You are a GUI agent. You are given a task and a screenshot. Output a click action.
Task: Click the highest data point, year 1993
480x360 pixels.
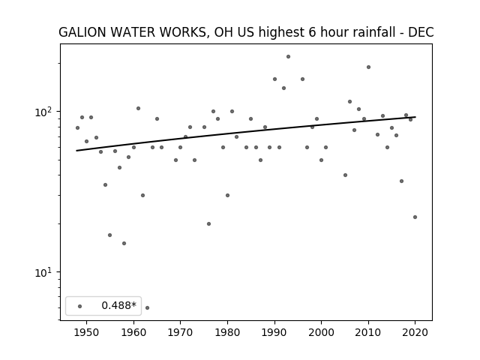(x=288, y=57)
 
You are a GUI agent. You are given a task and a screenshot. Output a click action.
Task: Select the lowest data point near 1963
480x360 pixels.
(x=147, y=307)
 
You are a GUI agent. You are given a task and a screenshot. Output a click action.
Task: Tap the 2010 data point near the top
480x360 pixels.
(x=368, y=67)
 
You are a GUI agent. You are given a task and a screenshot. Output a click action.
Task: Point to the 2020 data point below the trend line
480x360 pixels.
(x=415, y=217)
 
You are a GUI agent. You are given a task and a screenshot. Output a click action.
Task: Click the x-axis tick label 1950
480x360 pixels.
(x=87, y=332)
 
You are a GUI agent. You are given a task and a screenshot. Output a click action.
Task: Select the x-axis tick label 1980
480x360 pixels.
(x=227, y=332)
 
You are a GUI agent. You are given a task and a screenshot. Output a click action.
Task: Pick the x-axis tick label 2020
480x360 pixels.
(x=415, y=332)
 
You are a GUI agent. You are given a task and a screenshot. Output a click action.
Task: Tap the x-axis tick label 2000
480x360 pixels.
(x=321, y=332)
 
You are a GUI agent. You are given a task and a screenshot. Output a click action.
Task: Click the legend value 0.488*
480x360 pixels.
(x=118, y=305)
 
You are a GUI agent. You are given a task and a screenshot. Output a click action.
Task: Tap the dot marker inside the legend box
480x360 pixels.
(x=80, y=306)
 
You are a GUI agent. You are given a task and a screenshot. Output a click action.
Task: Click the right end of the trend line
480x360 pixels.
(x=415, y=117)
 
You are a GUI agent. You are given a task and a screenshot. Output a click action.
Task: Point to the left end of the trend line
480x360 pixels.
(x=76, y=151)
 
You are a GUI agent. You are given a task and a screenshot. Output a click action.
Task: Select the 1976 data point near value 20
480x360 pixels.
(x=208, y=223)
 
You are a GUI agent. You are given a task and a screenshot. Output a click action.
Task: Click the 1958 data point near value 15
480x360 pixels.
(x=124, y=243)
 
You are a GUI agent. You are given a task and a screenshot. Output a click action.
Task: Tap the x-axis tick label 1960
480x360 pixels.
(x=133, y=332)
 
